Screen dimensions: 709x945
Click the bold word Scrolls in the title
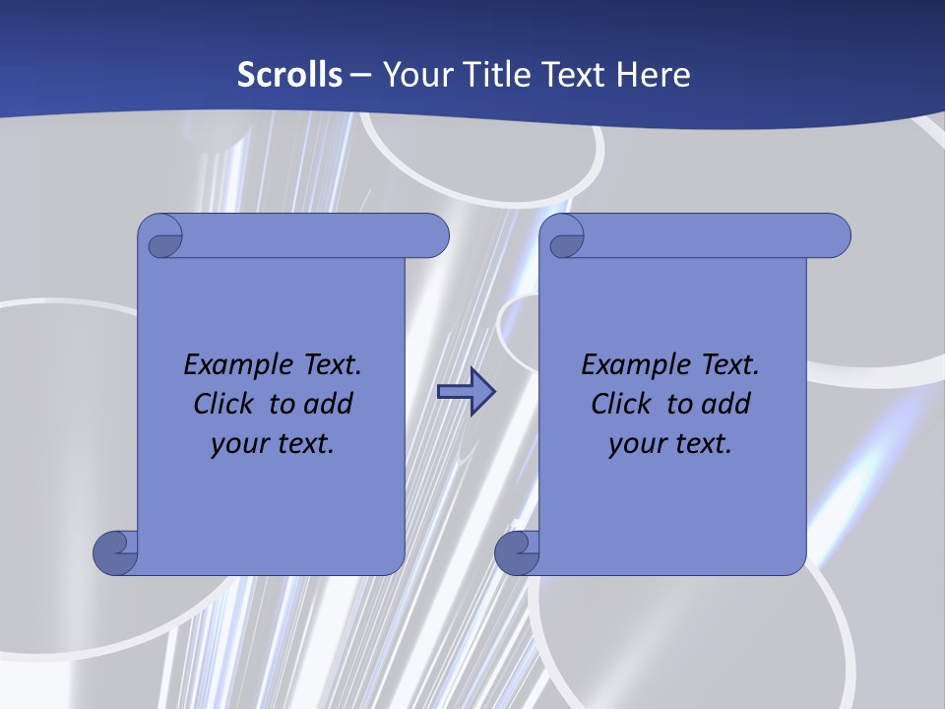tap(289, 75)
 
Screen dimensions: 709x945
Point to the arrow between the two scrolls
tap(466, 392)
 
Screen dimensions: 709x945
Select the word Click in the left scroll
tap(222, 404)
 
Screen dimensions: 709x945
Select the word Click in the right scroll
tap(620, 404)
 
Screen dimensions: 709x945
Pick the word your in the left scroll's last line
tap(238, 443)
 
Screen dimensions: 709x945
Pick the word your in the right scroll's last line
tap(636, 443)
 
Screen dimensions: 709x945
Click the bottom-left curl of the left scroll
tap(115, 551)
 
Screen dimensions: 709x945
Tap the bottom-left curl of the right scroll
tap(516, 551)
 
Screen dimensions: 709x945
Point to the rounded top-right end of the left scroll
tap(433, 236)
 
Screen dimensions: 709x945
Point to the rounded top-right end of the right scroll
tap(835, 236)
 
